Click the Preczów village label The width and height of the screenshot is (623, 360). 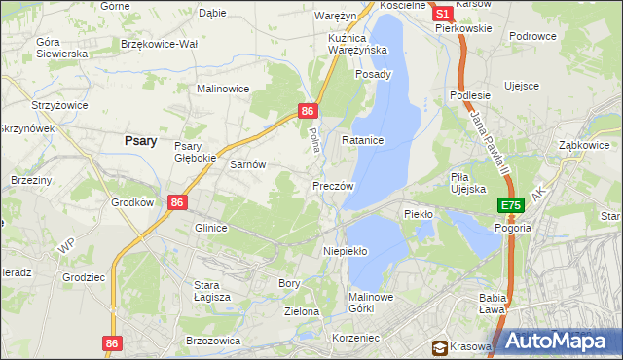[x=333, y=185]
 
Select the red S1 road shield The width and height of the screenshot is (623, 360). [x=441, y=15]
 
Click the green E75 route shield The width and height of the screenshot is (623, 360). [x=512, y=206]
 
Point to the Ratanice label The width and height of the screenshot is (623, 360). [x=362, y=141]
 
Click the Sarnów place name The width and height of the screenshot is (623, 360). [x=247, y=165]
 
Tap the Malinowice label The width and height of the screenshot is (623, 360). [x=223, y=89]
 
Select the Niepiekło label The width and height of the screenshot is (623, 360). [x=345, y=251]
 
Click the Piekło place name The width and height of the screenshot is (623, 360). [x=418, y=213]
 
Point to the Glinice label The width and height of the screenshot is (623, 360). [x=210, y=228]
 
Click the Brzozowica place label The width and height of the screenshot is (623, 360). [x=212, y=341]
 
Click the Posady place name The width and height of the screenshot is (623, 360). [x=374, y=74]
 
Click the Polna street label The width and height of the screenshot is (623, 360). [x=313, y=138]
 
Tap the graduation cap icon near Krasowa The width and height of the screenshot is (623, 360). [x=440, y=347]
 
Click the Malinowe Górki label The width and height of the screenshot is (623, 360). [x=370, y=304]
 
